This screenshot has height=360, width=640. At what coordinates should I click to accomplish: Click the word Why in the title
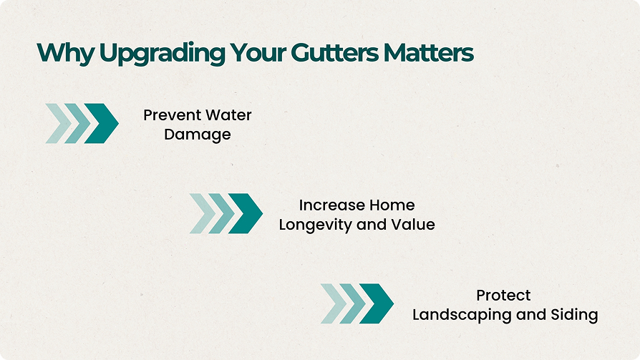66,54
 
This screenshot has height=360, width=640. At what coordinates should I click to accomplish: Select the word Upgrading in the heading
162,54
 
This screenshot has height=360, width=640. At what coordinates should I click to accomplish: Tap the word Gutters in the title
335,53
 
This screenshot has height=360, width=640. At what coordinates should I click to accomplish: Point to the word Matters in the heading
429,53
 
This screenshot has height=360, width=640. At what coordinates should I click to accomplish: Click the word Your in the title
258,53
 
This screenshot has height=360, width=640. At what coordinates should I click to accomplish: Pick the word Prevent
172,115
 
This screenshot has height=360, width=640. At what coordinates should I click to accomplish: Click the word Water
228,115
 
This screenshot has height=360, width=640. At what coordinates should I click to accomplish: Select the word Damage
198,135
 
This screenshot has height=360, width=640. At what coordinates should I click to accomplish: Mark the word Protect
504,295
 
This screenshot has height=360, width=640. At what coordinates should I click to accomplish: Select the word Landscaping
462,315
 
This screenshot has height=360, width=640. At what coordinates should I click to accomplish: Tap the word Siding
574,315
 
